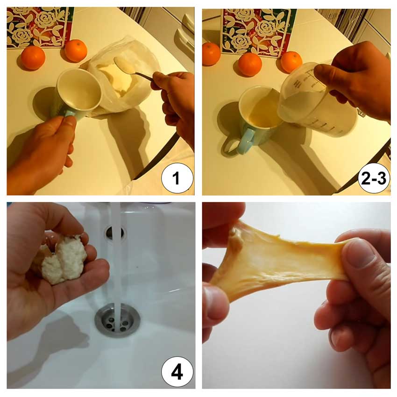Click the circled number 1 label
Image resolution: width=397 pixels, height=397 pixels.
[177, 178]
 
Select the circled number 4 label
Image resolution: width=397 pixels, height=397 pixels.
[177, 372]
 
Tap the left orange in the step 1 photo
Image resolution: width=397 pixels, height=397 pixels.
[33, 58]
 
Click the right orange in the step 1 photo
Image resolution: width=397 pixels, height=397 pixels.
[76, 50]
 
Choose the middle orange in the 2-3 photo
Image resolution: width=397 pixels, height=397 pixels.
[250, 64]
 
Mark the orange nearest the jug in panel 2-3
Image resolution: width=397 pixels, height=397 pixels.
[291, 62]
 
